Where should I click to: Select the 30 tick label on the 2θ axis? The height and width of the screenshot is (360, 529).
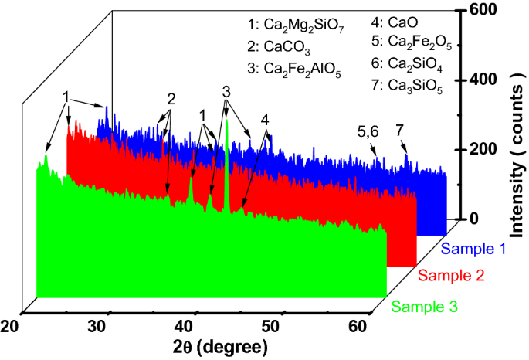tap(98, 328)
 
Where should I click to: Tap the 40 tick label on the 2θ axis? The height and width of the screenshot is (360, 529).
tap(185, 328)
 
